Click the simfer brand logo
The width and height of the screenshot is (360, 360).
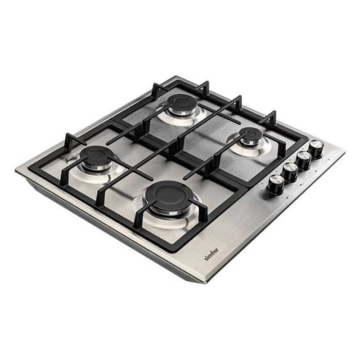tap(211, 254)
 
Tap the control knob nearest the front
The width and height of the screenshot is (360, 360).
tap(275, 184)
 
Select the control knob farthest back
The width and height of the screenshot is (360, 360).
tap(316, 149)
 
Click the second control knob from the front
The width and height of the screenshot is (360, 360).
tap(289, 172)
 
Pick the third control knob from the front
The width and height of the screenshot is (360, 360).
tap(303, 160)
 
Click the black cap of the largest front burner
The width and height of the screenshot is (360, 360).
tap(168, 196)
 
